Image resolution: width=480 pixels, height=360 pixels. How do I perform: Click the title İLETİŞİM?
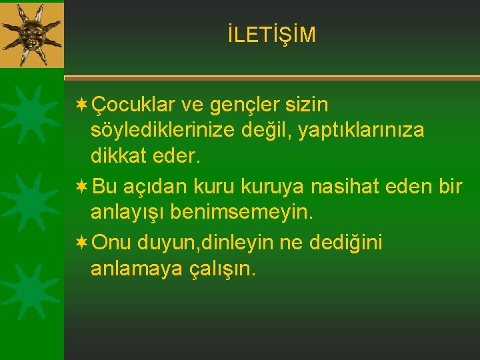[271, 35]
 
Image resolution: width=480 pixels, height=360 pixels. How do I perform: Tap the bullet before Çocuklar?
[82, 105]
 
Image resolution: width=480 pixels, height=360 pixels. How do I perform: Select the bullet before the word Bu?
[82, 187]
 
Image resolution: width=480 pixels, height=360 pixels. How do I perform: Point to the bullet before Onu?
[82, 243]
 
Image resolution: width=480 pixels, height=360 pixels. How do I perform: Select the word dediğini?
[345, 243]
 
